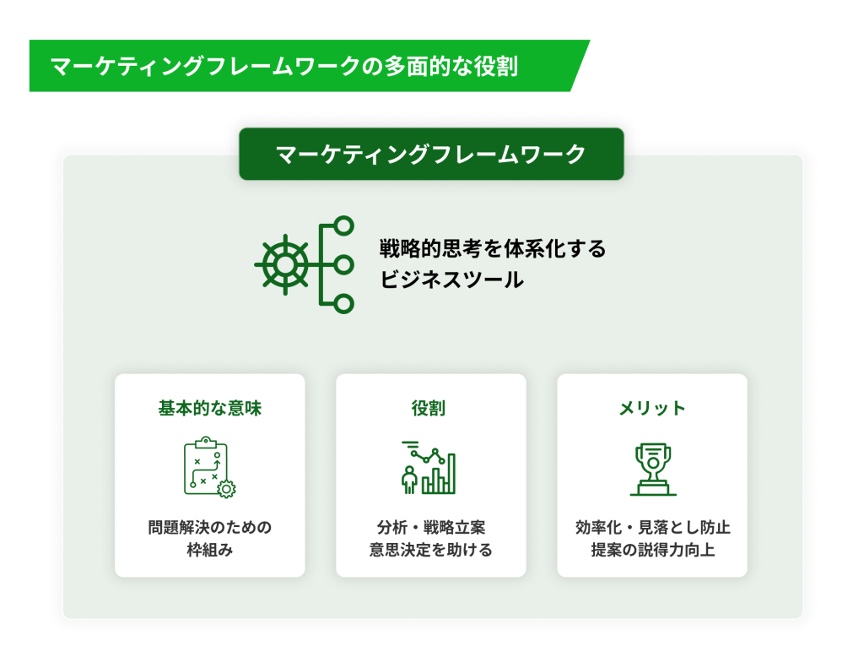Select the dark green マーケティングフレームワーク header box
click(x=431, y=154)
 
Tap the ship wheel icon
click(x=285, y=265)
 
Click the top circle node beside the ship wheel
click(x=344, y=225)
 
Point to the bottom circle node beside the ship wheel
click(x=344, y=304)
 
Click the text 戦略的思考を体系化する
click(x=493, y=249)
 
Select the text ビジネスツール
click(x=452, y=280)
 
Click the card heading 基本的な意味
click(x=210, y=408)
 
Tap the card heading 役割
click(x=429, y=408)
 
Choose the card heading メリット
click(x=652, y=408)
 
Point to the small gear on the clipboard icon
click(x=226, y=489)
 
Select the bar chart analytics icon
click(x=429, y=467)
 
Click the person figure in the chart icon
click(x=409, y=480)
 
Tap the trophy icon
click(x=653, y=469)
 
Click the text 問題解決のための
click(x=210, y=527)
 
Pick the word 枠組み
click(x=210, y=550)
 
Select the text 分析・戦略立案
click(x=431, y=527)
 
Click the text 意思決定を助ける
click(x=431, y=550)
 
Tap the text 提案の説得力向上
click(x=653, y=550)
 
